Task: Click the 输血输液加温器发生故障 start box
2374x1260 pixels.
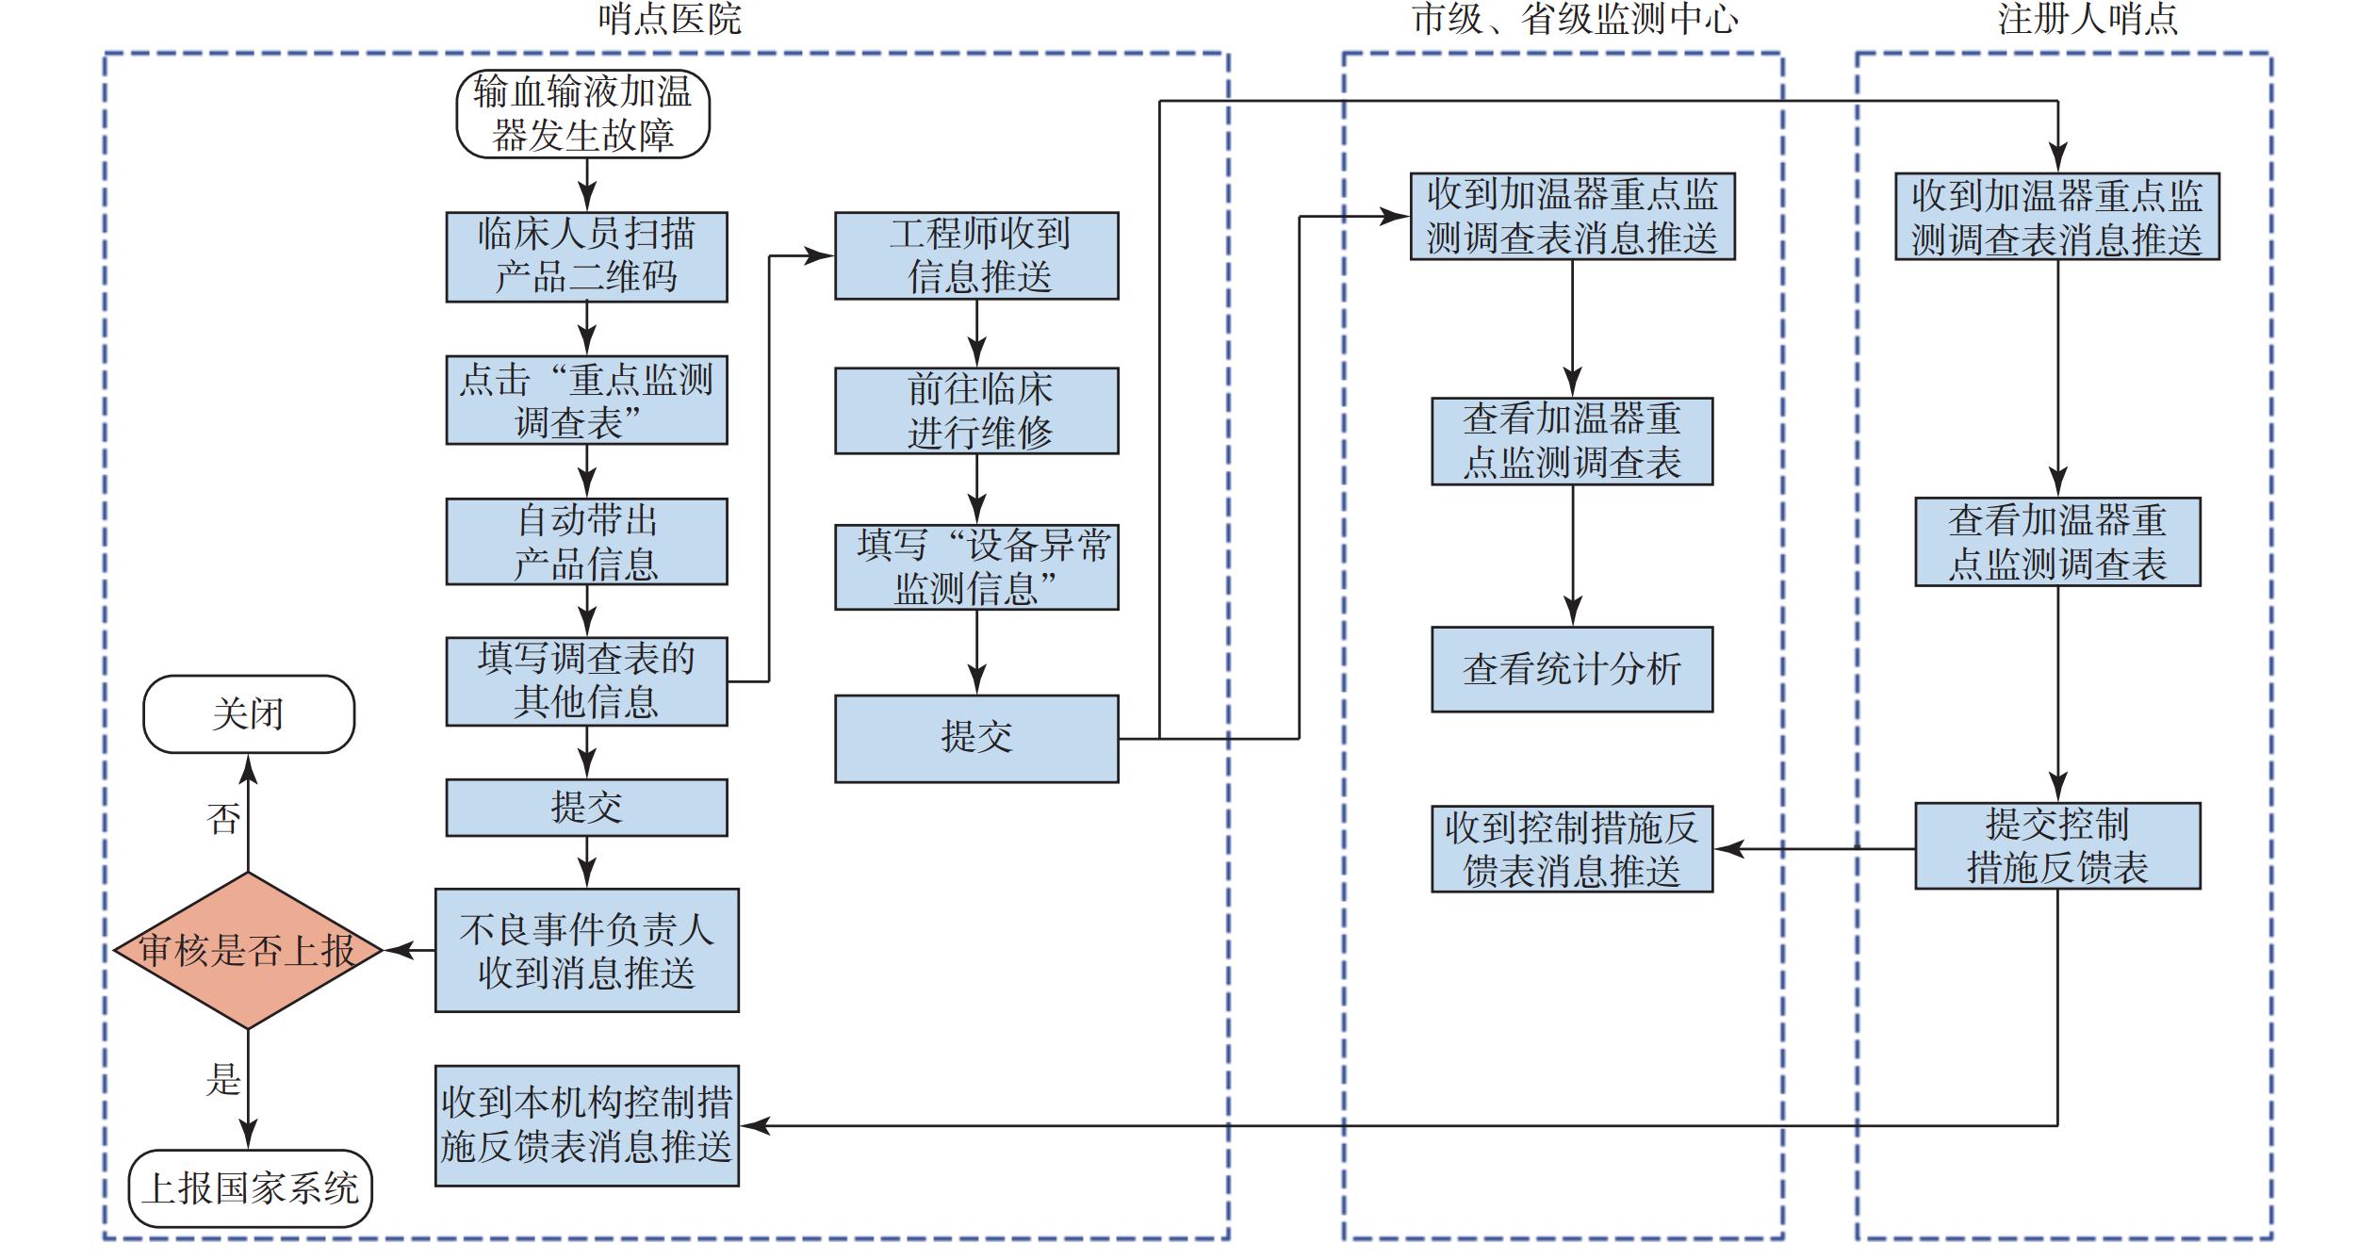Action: tap(582, 114)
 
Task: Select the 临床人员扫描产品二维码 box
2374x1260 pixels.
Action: tap(586, 256)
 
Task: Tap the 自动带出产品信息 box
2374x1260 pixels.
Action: tap(586, 542)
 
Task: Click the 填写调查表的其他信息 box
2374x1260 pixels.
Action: tap(586, 680)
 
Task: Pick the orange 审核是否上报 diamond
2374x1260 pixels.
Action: tap(248, 950)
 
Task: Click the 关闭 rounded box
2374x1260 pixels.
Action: tap(249, 713)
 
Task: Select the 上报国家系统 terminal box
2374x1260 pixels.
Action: tap(250, 1188)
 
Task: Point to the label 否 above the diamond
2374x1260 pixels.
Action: tap(223, 819)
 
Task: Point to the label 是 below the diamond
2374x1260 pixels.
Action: tap(223, 1080)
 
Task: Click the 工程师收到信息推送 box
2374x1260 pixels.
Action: tap(976, 255)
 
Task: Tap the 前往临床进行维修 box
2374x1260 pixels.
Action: tap(976, 411)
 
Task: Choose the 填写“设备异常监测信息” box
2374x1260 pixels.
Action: tap(976, 567)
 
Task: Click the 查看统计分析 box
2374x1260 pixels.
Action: tap(1571, 669)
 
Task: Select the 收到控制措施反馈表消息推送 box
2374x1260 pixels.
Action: tap(1571, 848)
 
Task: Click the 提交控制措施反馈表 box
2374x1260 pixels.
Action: tap(2057, 845)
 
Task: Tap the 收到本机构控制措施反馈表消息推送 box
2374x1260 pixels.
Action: tap(586, 1125)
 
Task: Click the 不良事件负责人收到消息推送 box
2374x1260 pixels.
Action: tap(586, 950)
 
